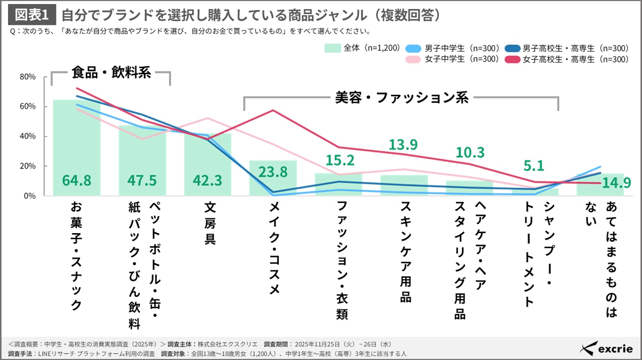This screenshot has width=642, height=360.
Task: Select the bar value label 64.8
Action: pyautogui.click(x=77, y=180)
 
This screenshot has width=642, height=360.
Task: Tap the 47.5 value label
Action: pyautogui.click(x=142, y=180)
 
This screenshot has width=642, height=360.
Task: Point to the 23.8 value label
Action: pyautogui.click(x=272, y=172)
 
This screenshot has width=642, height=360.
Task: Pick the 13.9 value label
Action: pyautogui.click(x=403, y=145)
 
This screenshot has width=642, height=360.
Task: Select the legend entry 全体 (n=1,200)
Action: pyautogui.click(x=362, y=47)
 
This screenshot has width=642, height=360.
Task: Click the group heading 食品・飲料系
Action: pyautogui.click(x=111, y=72)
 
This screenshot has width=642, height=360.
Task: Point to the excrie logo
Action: pyautogui.click(x=606, y=348)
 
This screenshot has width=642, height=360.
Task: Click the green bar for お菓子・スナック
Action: pyautogui.click(x=77, y=141)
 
